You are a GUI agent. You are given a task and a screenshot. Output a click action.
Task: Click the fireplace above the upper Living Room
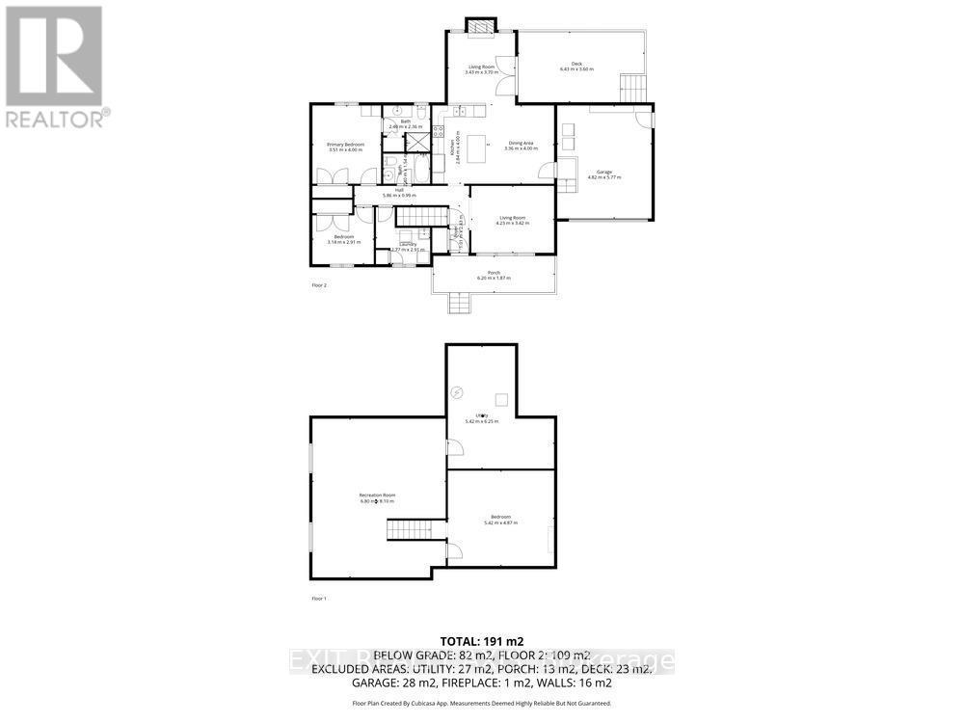pos(479,26)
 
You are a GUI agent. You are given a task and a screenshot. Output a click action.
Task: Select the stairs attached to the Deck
pos(631,88)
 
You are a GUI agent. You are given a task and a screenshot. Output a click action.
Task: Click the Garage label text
pos(604,173)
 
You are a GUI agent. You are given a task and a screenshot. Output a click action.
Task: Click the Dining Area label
pos(521,144)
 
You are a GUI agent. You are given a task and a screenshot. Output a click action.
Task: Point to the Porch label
pos(493,273)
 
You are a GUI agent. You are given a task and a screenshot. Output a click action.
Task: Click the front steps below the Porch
pos(460,304)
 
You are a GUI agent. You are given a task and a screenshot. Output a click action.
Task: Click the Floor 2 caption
pos(319,285)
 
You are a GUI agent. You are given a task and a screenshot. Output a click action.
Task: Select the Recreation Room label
pos(377,495)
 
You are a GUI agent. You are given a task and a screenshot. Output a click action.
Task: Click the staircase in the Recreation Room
pos(403,531)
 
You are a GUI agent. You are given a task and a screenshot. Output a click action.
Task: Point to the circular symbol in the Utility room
pos(458,391)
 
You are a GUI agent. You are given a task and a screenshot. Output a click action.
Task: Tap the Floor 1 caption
pos(319,599)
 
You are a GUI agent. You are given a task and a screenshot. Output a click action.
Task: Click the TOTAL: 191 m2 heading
pos(481,640)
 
